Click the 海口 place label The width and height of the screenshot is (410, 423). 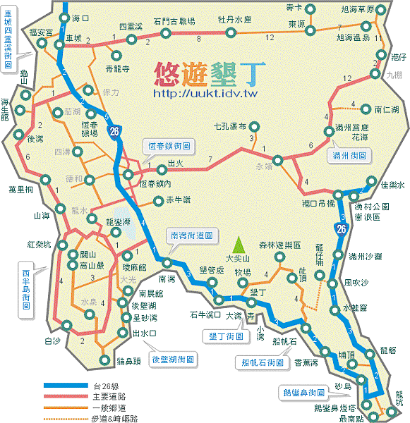click(x=82, y=16)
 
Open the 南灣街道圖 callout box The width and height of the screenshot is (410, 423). click(x=191, y=235)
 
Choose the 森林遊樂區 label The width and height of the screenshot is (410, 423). click(x=280, y=245)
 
